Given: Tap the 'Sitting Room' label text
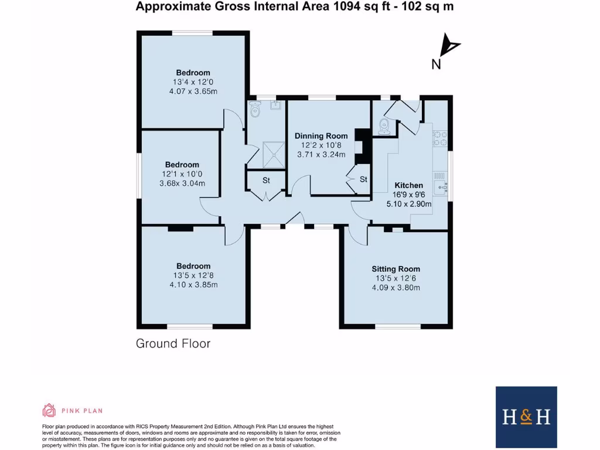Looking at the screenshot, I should [x=396, y=269].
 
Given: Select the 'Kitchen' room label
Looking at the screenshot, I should [x=408, y=185].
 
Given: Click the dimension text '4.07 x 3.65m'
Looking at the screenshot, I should [x=192, y=91].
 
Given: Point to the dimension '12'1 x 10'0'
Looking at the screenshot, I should [x=182, y=174].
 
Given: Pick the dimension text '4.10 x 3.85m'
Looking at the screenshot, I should [x=193, y=285].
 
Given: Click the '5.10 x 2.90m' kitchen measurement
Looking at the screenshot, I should [x=408, y=204].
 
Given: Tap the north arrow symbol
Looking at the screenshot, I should [x=451, y=45].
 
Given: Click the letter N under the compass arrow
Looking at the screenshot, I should [x=436, y=64].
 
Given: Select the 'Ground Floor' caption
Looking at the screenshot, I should [x=173, y=343].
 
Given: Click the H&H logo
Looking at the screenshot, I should [x=526, y=417].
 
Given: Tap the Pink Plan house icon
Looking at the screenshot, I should [x=49, y=410].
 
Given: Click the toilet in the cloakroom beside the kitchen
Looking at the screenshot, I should [x=383, y=125].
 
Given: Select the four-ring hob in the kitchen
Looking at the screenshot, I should [x=439, y=138].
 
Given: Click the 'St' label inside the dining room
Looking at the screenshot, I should [x=363, y=179].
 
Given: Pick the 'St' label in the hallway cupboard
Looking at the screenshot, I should [x=265, y=180].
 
